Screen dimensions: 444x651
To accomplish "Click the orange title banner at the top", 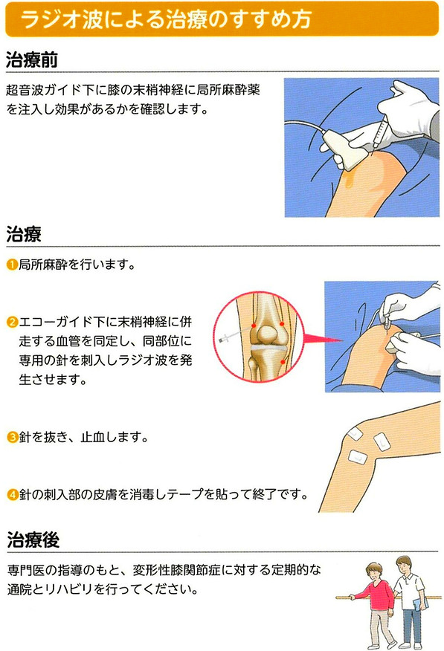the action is point(222,19).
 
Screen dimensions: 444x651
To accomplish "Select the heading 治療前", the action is point(32,59).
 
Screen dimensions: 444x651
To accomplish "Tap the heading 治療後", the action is point(33,540).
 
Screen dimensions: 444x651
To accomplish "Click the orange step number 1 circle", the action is point(12,264).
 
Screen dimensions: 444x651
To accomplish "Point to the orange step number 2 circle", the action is point(12,322).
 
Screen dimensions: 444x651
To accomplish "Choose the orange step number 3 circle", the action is point(13,437).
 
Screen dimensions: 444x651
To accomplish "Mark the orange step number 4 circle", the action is point(13,494).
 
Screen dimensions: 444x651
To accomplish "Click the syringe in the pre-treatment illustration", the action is point(380,133).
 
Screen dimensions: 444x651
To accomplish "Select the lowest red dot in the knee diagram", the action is point(283,362).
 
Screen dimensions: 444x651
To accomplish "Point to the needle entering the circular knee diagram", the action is point(236,334).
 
